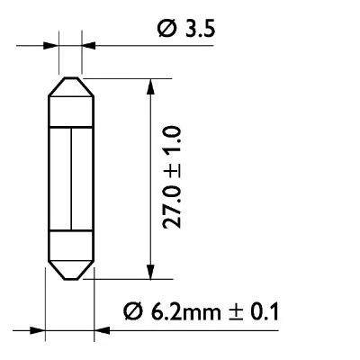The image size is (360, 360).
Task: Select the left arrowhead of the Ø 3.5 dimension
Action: pyautogui.click(x=52, y=41)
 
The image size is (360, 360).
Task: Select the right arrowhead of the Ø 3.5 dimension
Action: pyautogui.click(x=85, y=41)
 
